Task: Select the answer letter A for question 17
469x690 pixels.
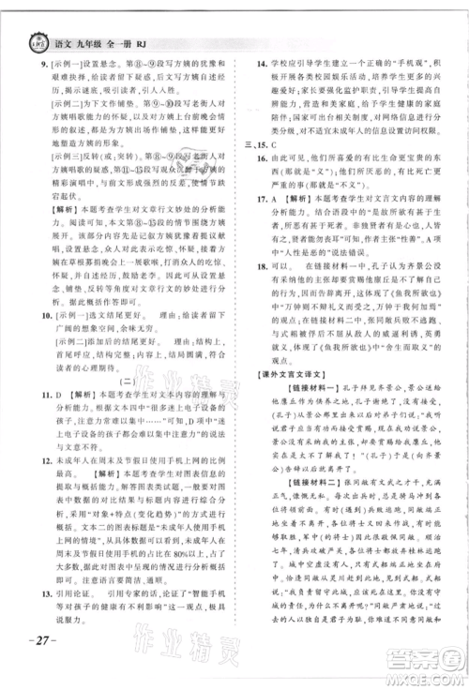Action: pyautogui.click(x=272, y=266)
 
